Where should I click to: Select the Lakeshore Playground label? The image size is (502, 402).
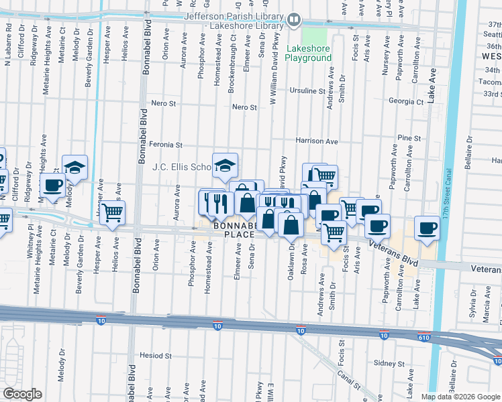[x=309, y=53]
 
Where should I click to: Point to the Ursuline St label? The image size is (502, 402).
[x=307, y=90]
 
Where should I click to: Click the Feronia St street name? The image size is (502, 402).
[x=166, y=145]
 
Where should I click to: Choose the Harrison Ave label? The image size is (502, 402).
[x=317, y=141]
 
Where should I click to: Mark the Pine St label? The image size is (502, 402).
[x=409, y=138]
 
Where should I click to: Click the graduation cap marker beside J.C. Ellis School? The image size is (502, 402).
[x=225, y=165]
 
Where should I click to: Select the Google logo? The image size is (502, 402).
[x=22, y=395]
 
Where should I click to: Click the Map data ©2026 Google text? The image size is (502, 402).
[x=460, y=397]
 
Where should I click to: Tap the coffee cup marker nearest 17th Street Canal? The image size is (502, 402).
[x=427, y=228]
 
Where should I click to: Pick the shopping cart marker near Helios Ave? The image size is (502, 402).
[x=113, y=213]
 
